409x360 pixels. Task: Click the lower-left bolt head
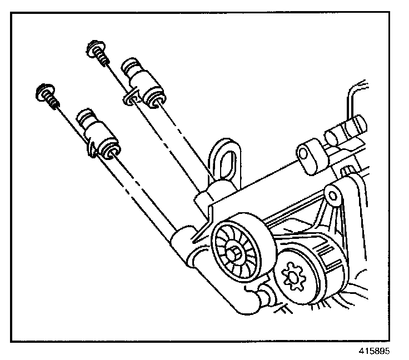click(44, 91)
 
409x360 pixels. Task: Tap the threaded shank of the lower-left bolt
click(52, 101)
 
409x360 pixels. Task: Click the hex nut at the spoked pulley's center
click(237, 253)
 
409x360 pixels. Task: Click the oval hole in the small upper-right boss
click(307, 154)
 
